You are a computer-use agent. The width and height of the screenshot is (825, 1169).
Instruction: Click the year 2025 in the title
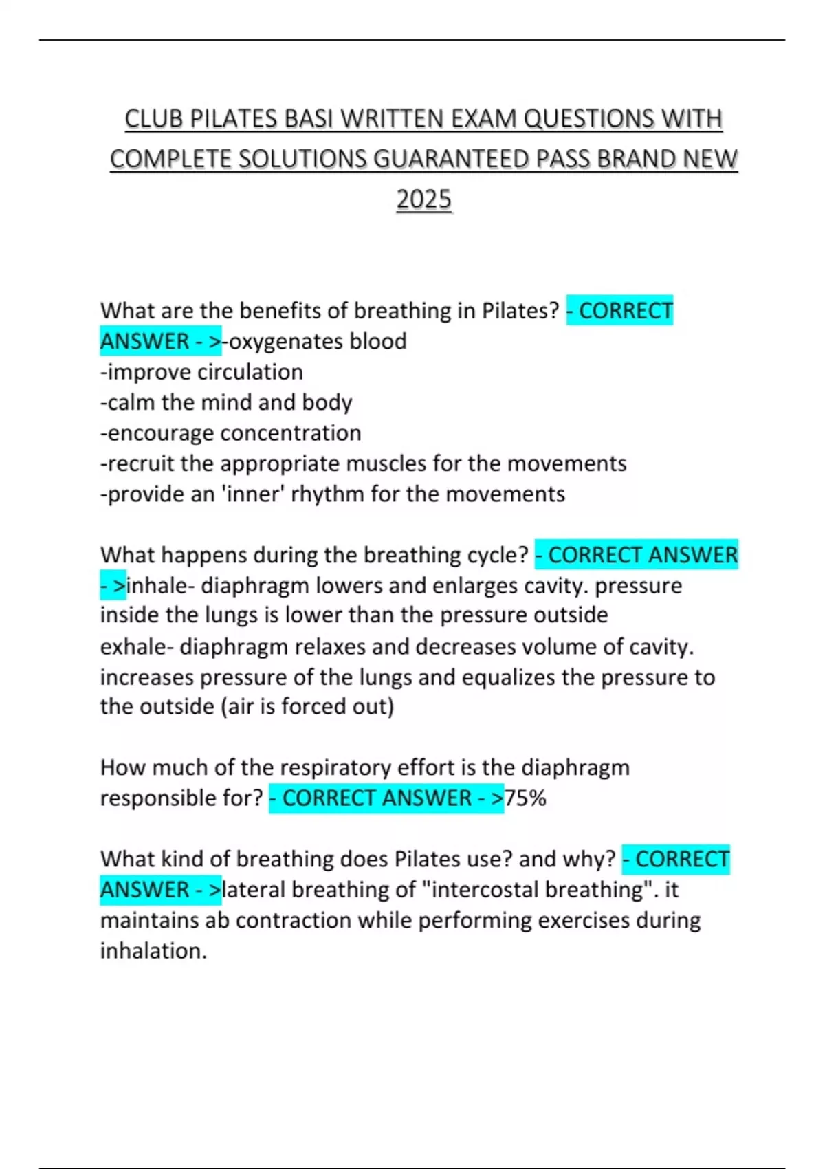(423, 199)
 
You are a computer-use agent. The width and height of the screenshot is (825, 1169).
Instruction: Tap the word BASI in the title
(308, 119)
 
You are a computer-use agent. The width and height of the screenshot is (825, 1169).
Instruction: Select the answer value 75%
(525, 798)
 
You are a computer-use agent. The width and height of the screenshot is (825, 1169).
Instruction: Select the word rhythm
(328, 494)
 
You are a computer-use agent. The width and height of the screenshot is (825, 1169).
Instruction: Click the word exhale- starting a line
(136, 646)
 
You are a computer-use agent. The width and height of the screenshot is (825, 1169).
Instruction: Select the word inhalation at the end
(153, 950)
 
